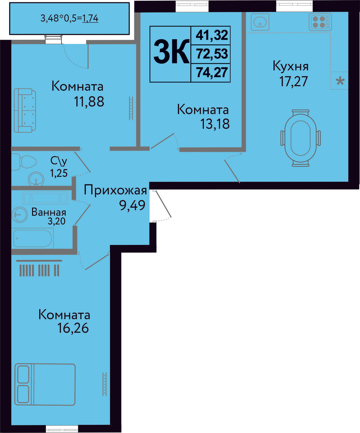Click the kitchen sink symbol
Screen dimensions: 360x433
point(260,22)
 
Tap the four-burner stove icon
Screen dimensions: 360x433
point(320,22)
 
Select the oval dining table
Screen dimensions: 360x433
point(301,138)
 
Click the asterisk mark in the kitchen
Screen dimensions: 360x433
point(340,81)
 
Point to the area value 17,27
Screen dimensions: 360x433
point(293,81)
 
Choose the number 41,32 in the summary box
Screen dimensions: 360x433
point(212,35)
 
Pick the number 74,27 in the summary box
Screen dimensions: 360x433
point(212,72)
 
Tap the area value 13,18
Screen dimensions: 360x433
point(215,124)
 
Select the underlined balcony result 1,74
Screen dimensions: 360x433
point(90,18)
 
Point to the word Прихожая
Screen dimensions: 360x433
point(115,190)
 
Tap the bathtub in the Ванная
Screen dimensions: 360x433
point(33,238)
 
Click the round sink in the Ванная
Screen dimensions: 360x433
point(20,214)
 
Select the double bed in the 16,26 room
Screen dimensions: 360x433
point(45,384)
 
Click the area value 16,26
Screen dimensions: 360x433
point(73,328)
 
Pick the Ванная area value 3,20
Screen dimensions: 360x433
point(57,221)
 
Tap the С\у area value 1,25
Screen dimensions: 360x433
point(59,173)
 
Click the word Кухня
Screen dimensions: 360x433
point(291,66)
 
